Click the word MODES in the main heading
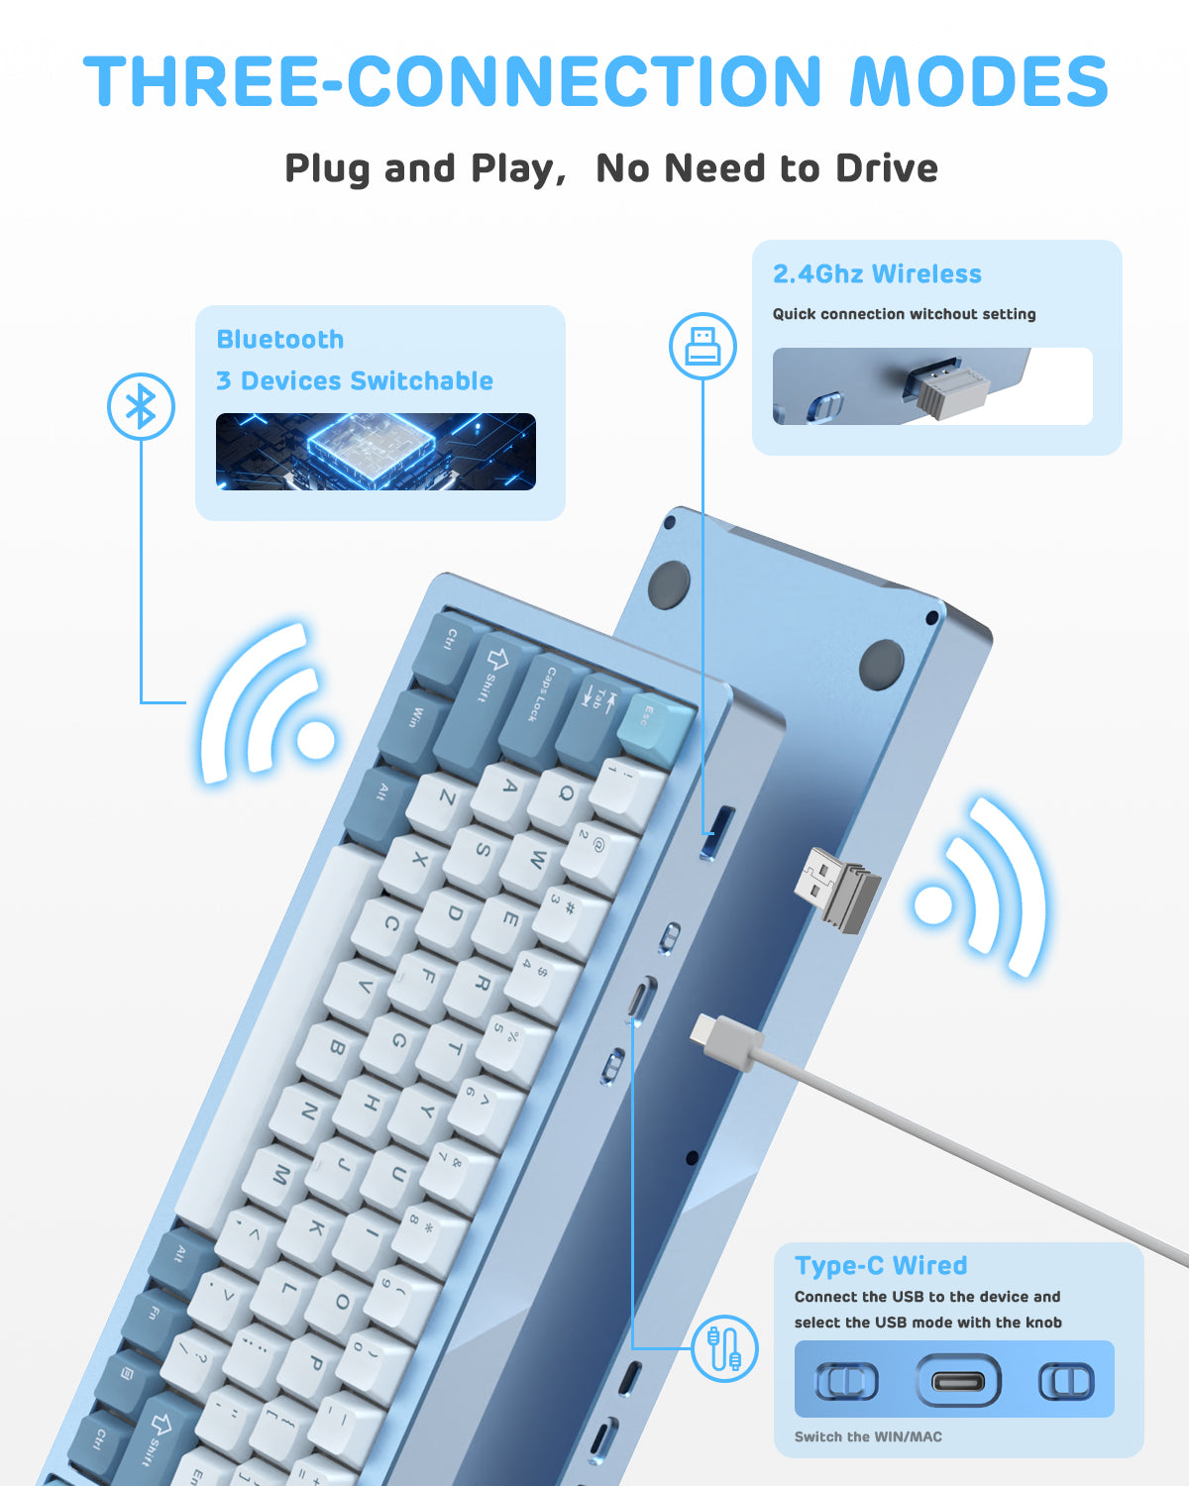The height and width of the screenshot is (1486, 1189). click(x=979, y=81)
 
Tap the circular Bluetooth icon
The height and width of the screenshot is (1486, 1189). click(x=141, y=406)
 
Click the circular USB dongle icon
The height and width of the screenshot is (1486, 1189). click(x=703, y=346)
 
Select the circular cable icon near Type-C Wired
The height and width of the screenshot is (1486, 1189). click(x=724, y=1348)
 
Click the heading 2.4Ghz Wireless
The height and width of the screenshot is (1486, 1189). click(x=877, y=273)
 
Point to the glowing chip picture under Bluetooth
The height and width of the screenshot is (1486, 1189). click(x=376, y=452)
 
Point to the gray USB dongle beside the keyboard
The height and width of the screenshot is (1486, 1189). click(x=838, y=889)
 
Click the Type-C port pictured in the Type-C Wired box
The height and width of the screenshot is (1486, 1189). click(x=957, y=1380)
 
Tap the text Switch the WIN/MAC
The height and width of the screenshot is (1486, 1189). click(x=868, y=1436)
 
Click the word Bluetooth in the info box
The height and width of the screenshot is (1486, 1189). click(x=280, y=339)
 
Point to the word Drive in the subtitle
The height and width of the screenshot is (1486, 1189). click(x=886, y=168)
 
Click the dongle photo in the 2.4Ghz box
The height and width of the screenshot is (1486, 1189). click(x=932, y=386)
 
